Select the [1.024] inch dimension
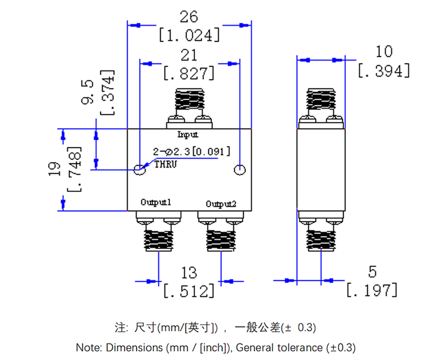coord(189,36)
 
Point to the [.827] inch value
coord(189,73)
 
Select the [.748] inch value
coord(73,170)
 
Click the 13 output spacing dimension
coord(189,272)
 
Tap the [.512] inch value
coord(189,290)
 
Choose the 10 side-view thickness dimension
coord(384,52)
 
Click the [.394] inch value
coord(384,70)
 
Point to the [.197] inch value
coord(372,290)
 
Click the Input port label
coord(188,134)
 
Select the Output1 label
coord(155,203)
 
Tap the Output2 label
coord(221,204)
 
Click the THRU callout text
coord(165,164)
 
